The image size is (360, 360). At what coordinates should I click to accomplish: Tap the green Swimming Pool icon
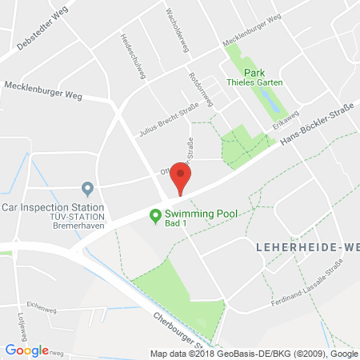click(156, 214)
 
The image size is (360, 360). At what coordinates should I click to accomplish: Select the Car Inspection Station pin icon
click(88, 189)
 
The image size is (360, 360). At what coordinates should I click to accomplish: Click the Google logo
click(26, 350)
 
